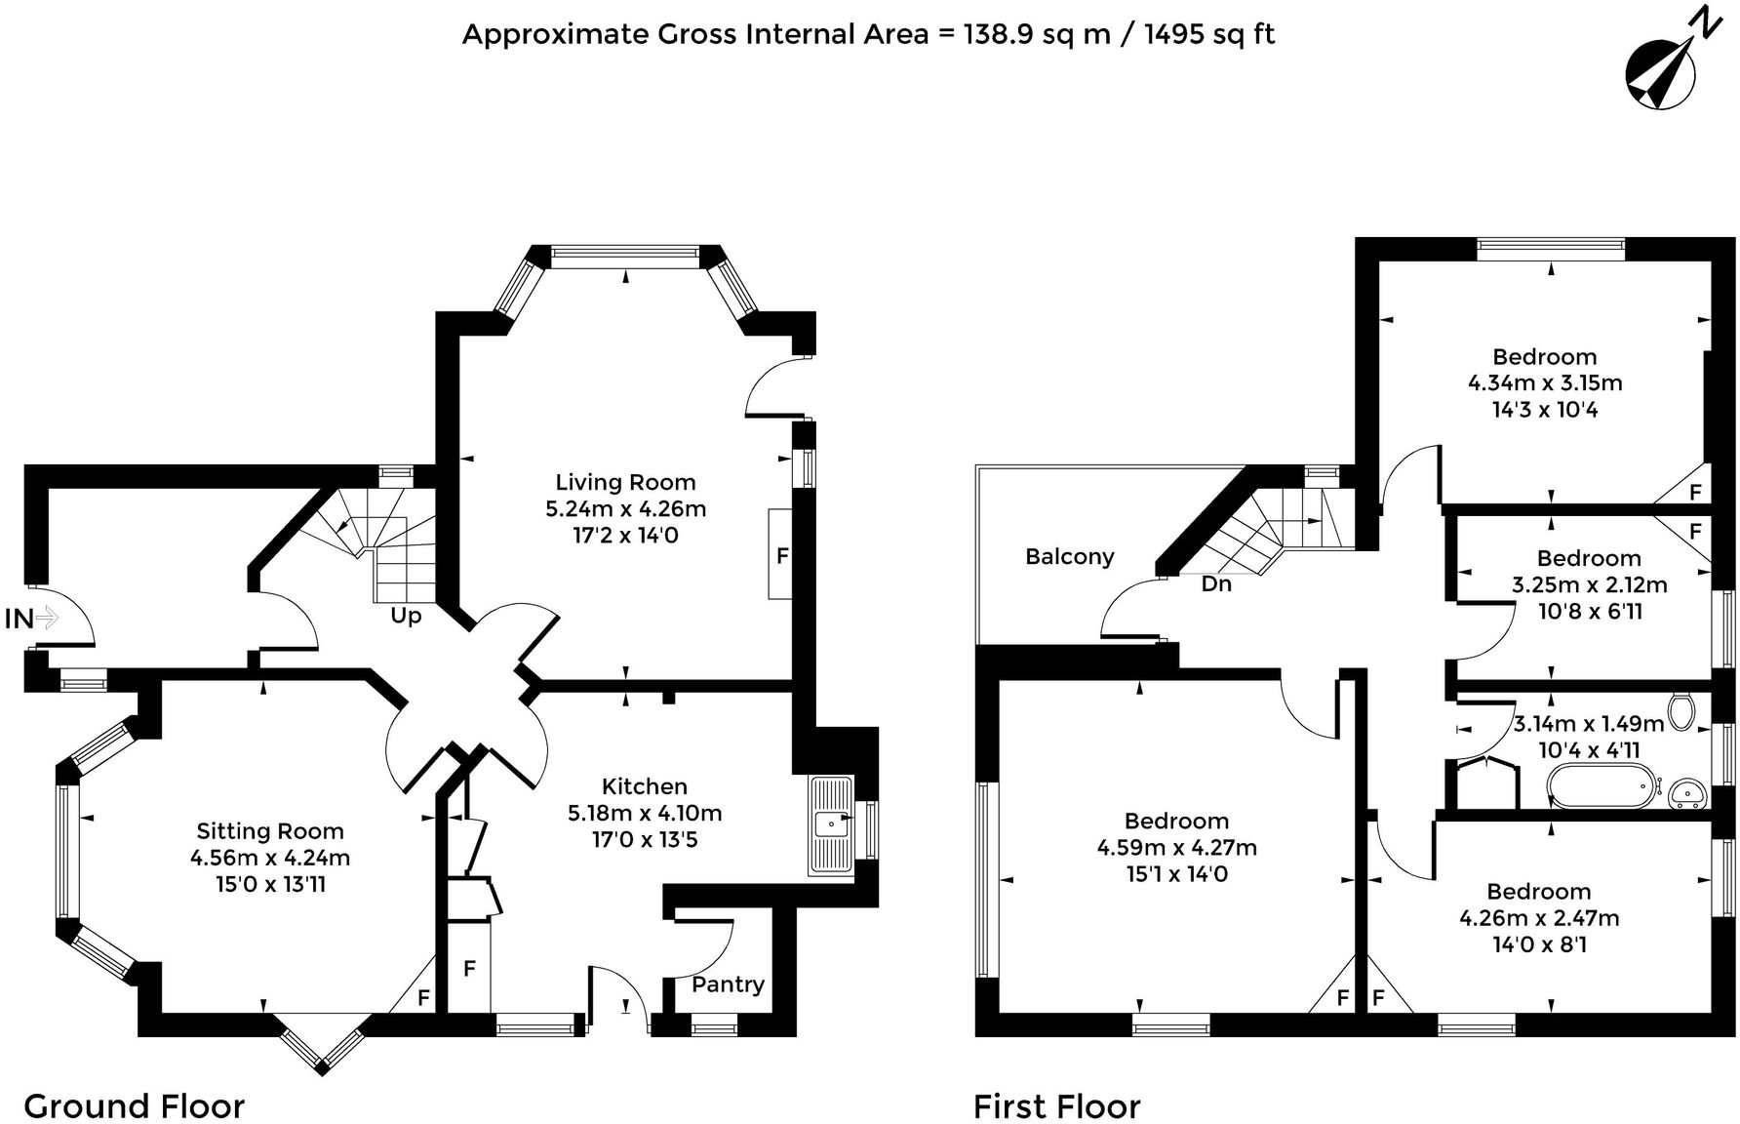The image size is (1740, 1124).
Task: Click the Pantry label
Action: pos(728,984)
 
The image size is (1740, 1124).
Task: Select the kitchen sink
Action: pos(829,824)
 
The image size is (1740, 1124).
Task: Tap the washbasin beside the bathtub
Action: pos(1686,793)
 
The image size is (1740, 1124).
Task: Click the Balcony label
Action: pos(1069,557)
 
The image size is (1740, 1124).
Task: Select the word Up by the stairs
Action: pos(406,617)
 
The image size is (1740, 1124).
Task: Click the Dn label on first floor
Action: pos(1215,584)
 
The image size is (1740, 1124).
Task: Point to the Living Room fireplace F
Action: pos(781,556)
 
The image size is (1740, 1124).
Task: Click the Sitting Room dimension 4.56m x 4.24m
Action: pos(270,859)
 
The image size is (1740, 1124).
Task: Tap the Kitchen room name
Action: pos(644,786)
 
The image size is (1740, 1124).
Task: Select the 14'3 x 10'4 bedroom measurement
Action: pos(1545,410)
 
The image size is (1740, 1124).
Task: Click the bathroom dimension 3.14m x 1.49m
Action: pos(1588,724)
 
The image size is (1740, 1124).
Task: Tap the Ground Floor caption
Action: pos(134,1106)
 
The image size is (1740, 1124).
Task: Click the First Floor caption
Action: pos(1056,1107)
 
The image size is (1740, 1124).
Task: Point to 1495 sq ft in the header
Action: pos(1208,35)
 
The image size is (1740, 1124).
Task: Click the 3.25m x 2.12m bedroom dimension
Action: pos(1589,585)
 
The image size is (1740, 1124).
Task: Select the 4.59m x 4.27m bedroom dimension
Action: pos(1176,848)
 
